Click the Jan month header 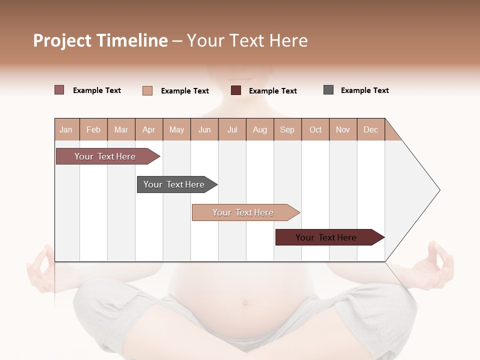(66, 129)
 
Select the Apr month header (148, 129)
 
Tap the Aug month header (259, 129)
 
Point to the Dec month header (370, 129)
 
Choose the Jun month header (204, 129)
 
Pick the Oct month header (315, 129)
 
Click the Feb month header (93, 129)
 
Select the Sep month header (287, 129)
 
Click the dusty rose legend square (59, 90)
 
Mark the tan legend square (147, 90)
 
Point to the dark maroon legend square (236, 90)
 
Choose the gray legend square (328, 90)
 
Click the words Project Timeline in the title (100, 40)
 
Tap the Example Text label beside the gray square (364, 90)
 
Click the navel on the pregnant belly (245, 302)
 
